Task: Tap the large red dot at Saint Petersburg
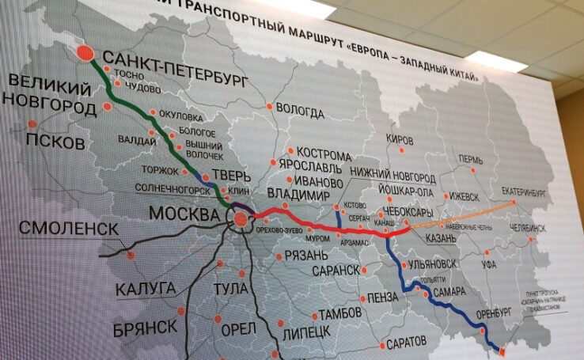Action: pyautogui.click(x=86, y=54)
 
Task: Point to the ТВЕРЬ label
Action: pyautogui.click(x=237, y=176)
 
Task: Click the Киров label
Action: pyautogui.click(x=400, y=140)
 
